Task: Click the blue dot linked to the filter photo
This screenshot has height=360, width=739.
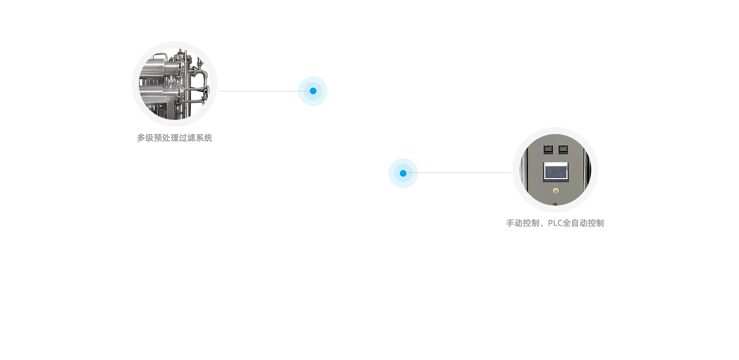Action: (x=313, y=91)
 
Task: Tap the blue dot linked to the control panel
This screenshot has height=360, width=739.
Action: (x=403, y=173)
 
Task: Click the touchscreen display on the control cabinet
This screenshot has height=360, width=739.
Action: (x=556, y=171)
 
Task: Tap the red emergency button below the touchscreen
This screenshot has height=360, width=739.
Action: (x=556, y=191)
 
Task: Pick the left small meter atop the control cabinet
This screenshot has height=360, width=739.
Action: (x=548, y=149)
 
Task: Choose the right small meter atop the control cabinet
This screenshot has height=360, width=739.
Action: (x=563, y=149)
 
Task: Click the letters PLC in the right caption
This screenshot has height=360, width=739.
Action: (x=555, y=223)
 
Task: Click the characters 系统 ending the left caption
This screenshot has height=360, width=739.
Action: (x=205, y=138)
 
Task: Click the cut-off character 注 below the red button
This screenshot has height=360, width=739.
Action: (x=555, y=205)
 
